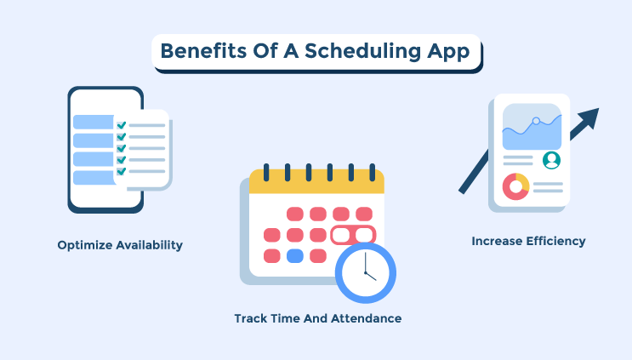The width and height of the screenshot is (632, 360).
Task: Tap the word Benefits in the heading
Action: click(x=198, y=50)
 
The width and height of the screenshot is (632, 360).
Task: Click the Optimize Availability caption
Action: click(x=120, y=245)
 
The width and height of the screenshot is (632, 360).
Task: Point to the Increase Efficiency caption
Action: click(x=528, y=241)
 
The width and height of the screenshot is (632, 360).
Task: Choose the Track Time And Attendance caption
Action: click(x=317, y=318)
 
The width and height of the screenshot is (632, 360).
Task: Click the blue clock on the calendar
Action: click(x=364, y=273)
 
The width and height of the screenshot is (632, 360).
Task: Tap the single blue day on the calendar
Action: click(x=295, y=255)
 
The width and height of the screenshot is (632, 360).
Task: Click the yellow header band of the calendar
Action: click(x=316, y=181)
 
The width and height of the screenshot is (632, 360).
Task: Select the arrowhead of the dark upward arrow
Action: click(x=589, y=117)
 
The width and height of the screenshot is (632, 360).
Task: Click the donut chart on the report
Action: click(x=515, y=186)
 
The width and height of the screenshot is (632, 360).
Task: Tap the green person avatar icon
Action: click(x=551, y=159)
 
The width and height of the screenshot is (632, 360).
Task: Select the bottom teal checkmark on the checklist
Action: click(x=122, y=170)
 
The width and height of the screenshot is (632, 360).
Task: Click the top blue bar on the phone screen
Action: click(x=93, y=122)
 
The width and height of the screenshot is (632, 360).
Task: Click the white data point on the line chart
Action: click(x=536, y=121)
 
